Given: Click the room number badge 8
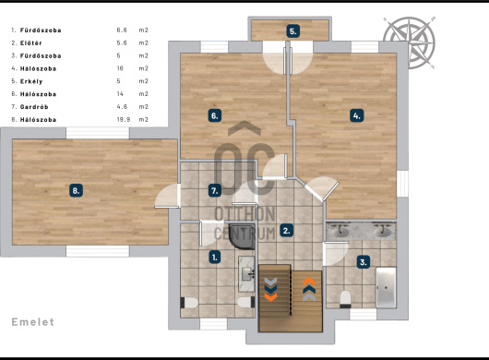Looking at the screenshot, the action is click(x=76, y=190).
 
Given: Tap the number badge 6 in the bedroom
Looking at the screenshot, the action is click(x=215, y=115).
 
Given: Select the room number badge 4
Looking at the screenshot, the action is click(x=357, y=115).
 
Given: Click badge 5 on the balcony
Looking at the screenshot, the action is click(x=293, y=31).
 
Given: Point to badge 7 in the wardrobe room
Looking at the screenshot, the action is click(x=215, y=190).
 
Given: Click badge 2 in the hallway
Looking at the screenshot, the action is click(x=286, y=231).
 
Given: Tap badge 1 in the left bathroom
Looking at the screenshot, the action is click(x=215, y=258).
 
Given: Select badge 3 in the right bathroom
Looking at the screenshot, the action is click(x=364, y=262).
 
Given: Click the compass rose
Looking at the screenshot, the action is click(x=409, y=42).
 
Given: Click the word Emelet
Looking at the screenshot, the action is click(x=32, y=322).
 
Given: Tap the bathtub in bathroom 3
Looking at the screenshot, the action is click(x=386, y=287).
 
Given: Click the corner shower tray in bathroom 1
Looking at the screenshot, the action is click(x=242, y=236).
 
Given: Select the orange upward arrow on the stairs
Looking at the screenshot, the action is click(x=309, y=282).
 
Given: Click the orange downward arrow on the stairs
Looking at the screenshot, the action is click(x=270, y=296).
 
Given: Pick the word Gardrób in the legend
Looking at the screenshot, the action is click(x=34, y=107).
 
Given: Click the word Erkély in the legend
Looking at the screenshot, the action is click(x=31, y=81).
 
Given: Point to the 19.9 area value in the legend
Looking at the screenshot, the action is click(x=124, y=119).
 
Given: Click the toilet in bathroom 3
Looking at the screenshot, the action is click(x=345, y=299).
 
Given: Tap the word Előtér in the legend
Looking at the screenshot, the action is click(x=30, y=43).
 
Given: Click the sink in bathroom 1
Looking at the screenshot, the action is click(x=247, y=274).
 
